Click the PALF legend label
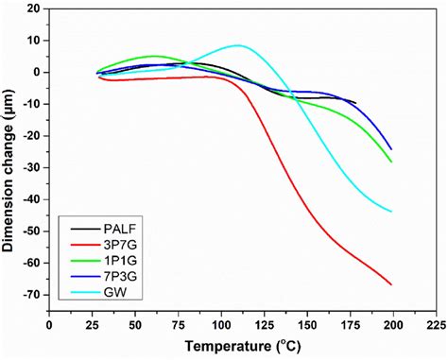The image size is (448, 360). click(x=108, y=228)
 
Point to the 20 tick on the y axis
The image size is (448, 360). click(x=33, y=9)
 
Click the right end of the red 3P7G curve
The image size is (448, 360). click(x=391, y=284)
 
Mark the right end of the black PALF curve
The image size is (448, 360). click(x=355, y=102)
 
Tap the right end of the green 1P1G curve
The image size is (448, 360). click(x=391, y=162)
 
